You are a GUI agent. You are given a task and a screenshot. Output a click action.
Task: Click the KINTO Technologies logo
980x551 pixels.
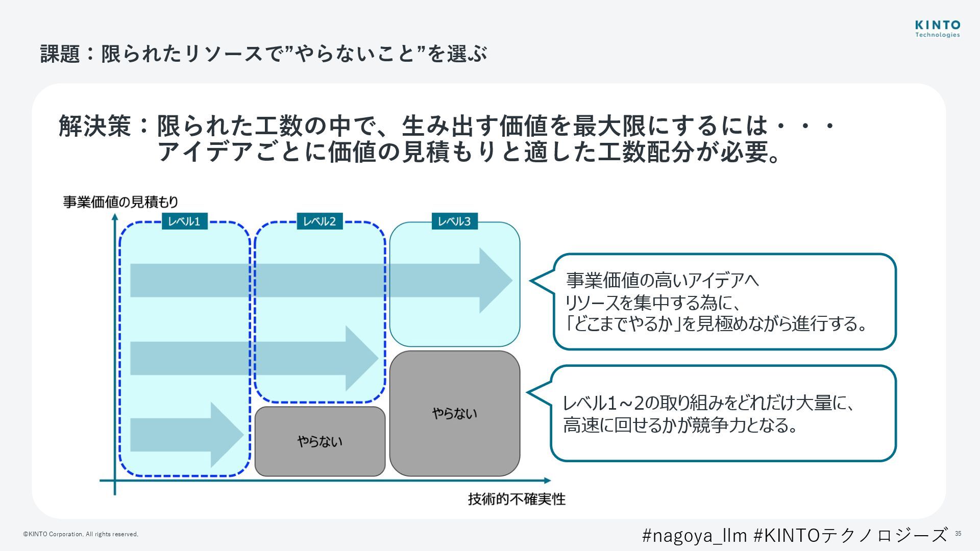pos(937,29)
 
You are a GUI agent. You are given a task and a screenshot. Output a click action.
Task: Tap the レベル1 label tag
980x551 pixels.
pos(184,221)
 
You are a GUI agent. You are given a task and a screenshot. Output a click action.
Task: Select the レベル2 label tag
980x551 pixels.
pos(320,221)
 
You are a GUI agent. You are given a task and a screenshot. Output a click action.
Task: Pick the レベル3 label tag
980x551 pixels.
pos(454,221)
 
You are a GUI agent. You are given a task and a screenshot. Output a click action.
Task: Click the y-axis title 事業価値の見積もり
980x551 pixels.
pos(120,202)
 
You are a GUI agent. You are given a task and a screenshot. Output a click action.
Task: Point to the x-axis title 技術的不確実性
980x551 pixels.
pos(517,499)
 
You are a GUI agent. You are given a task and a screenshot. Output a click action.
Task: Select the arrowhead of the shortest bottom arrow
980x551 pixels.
pos(226,435)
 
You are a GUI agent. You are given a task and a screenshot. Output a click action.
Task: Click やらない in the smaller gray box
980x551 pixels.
pos(320,441)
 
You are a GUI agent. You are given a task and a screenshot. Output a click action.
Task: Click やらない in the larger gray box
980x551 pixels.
pos(454,413)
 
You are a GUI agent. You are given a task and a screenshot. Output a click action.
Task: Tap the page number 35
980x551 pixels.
pos(958,534)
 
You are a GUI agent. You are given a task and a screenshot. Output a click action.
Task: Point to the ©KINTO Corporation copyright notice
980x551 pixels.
pos(81,534)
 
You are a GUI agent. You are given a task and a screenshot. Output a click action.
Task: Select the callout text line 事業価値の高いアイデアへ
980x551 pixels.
pos(662,280)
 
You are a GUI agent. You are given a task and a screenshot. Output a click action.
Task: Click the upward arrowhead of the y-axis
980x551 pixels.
pos(115,217)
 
